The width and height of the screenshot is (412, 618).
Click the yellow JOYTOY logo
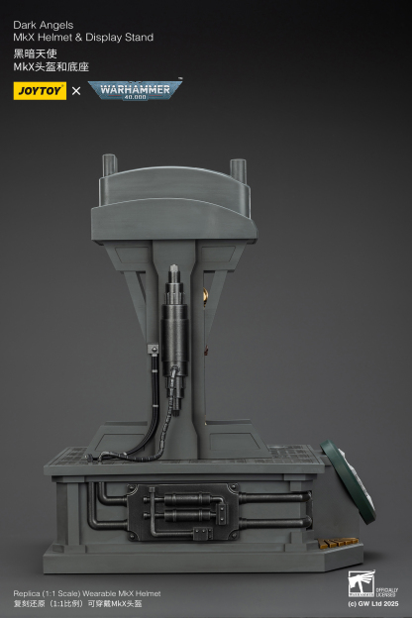tap(40, 90)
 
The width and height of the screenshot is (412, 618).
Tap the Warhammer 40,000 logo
tap(135, 90)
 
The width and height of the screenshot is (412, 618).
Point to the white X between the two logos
tap(76, 91)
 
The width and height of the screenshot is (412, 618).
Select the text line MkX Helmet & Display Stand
tap(83, 38)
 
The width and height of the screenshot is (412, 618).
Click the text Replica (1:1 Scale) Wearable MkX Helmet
tap(87, 592)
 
